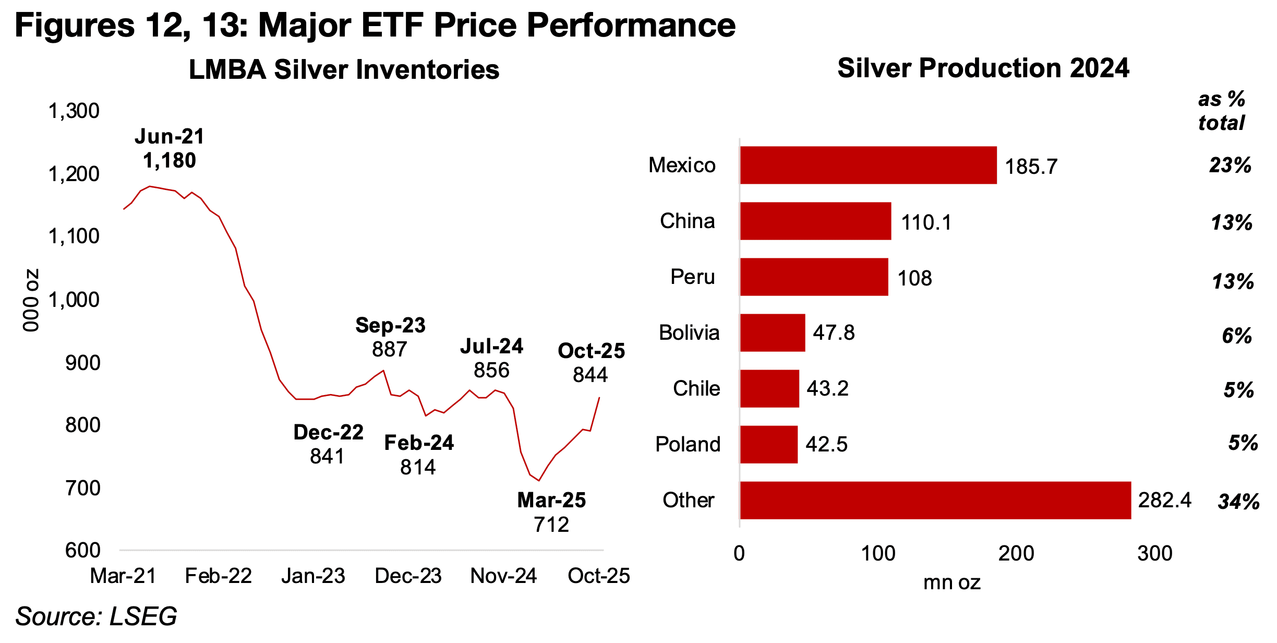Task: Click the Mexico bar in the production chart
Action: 868,165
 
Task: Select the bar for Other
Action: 935,500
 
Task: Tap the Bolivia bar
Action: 772,332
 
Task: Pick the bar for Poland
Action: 768,444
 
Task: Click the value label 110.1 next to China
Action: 926,222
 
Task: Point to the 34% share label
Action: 1238,502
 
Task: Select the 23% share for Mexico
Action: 1230,165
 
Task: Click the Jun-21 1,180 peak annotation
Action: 170,149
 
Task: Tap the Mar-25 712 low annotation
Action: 551,512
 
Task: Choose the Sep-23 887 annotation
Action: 390,337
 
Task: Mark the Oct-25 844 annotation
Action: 591,363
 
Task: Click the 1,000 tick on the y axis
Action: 74,300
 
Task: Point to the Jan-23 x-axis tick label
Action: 313,576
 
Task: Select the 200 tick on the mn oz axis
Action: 1016,553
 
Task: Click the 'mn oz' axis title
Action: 951,582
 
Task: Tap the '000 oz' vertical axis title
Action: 31,300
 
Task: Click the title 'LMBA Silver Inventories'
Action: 344,69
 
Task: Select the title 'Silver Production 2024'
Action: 983,68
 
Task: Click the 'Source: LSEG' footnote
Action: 96,616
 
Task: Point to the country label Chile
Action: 696,388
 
